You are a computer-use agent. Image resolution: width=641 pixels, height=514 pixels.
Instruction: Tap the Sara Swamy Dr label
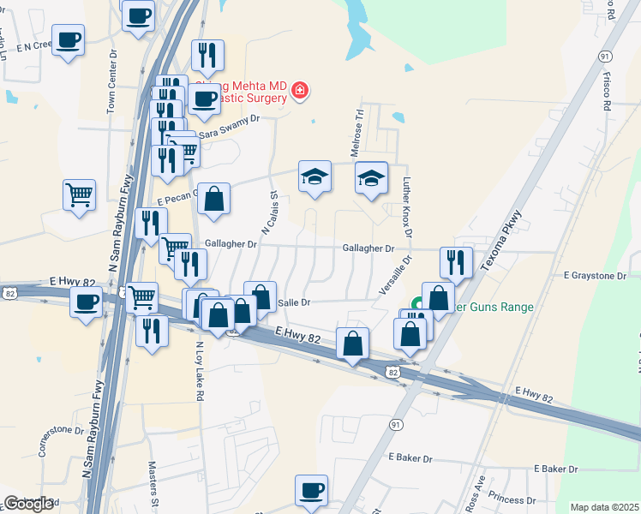228,127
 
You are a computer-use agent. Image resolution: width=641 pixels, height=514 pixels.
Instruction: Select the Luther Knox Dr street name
407,208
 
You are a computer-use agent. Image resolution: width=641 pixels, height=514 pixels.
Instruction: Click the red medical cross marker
299,90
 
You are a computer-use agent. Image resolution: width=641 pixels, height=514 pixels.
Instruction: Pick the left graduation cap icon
315,177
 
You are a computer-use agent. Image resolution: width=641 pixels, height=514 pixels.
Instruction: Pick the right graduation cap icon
371,178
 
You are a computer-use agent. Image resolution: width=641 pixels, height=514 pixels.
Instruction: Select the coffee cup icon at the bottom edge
311,490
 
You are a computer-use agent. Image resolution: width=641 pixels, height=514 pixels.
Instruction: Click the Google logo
28,504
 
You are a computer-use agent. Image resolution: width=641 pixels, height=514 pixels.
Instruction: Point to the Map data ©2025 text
605,507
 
